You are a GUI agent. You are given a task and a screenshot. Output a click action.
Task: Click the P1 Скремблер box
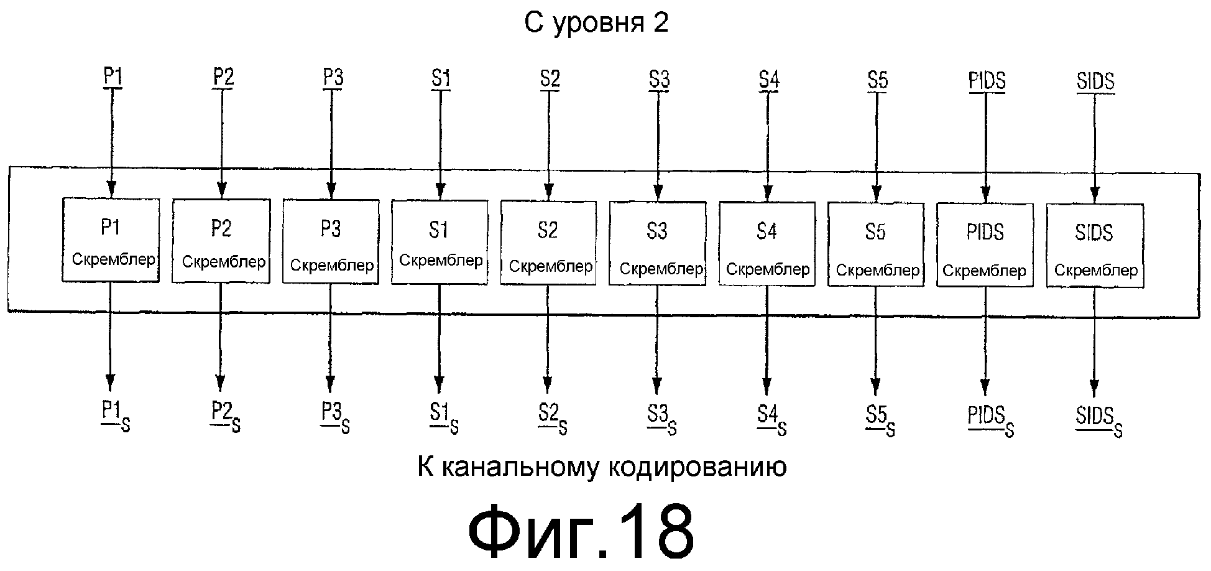[x=111, y=240]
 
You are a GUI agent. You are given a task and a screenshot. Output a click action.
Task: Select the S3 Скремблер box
[x=657, y=244]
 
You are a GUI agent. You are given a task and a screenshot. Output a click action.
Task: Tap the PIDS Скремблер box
[x=985, y=245]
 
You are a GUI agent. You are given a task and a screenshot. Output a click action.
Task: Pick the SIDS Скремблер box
[x=1095, y=246]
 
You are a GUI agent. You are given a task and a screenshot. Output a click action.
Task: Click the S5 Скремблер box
[x=875, y=244]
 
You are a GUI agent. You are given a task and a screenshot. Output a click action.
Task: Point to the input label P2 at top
[x=223, y=78]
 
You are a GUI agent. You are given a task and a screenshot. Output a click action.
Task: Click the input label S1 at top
[x=440, y=79]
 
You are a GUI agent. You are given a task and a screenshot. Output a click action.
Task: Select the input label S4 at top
[x=768, y=80]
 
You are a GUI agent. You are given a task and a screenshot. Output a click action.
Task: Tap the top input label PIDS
[x=987, y=81]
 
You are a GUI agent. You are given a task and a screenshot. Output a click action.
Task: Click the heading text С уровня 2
[x=596, y=23]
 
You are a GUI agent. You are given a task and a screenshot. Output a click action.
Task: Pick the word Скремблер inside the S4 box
[x=768, y=269]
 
